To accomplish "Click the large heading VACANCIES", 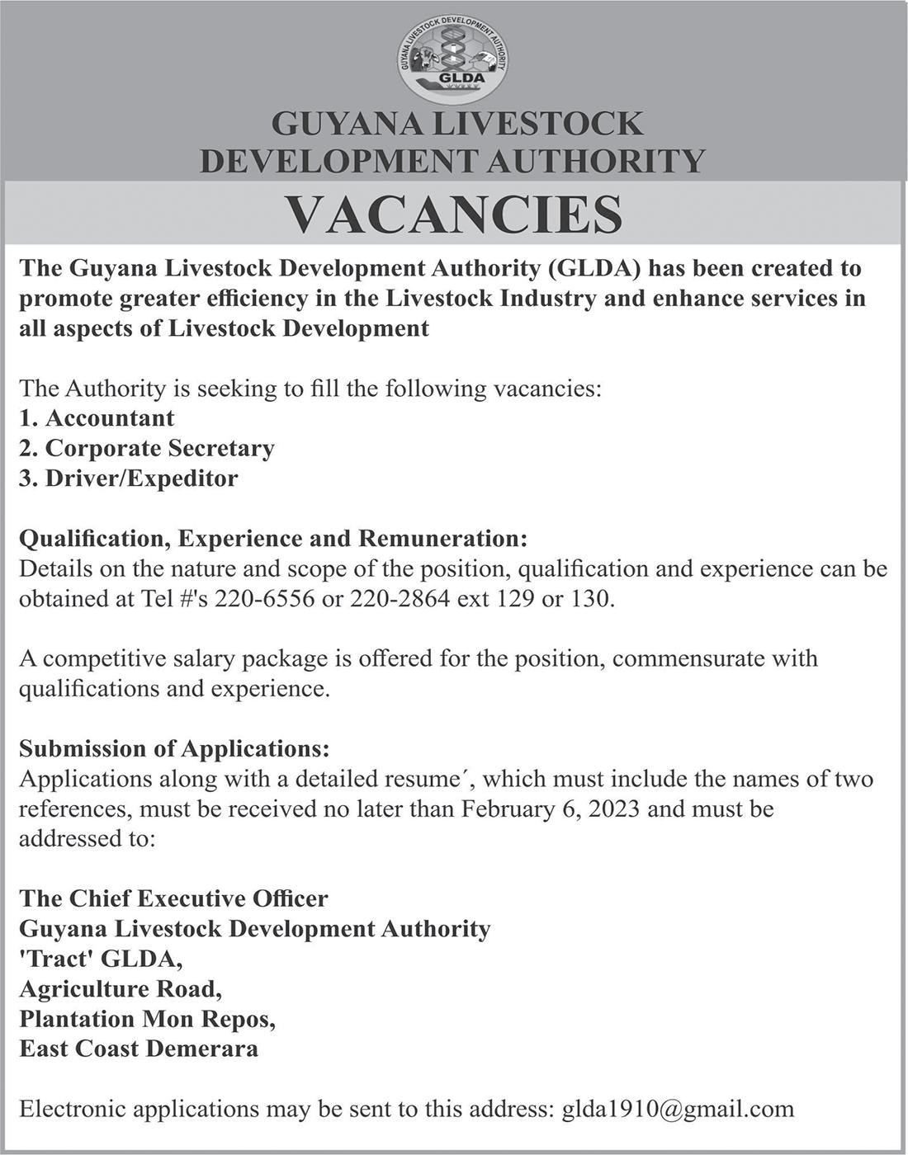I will pos(453,214).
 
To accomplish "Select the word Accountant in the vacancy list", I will pos(110,418).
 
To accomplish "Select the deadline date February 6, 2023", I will pos(551,808).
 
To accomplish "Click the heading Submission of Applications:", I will pos(174,748).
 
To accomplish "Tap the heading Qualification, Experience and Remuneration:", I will pos(272,539).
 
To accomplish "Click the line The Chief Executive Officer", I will pos(173,898).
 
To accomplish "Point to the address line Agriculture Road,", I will pos(121,988).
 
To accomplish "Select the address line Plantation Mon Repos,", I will pos(147,1019).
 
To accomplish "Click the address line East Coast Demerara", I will pos(139,1049).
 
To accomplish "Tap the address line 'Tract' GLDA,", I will pos(101,959).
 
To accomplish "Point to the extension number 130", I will pos(591,599).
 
